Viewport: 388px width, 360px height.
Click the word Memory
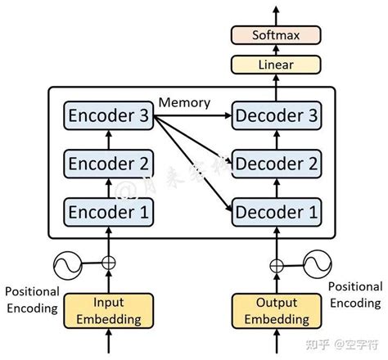click(185, 102)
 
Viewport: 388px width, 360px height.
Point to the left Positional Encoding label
click(32, 299)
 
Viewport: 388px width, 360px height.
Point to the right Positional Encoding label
click(355, 294)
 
